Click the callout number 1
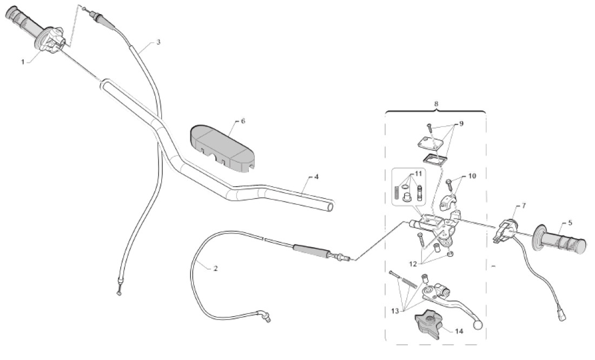(x=23, y=62)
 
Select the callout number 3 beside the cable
(x=158, y=42)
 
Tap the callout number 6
(x=243, y=121)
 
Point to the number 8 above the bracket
(x=436, y=103)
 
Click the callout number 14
(x=459, y=331)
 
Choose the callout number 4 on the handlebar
(x=316, y=177)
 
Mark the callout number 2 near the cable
(x=216, y=268)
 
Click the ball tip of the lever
(x=478, y=325)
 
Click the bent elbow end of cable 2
(x=265, y=316)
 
